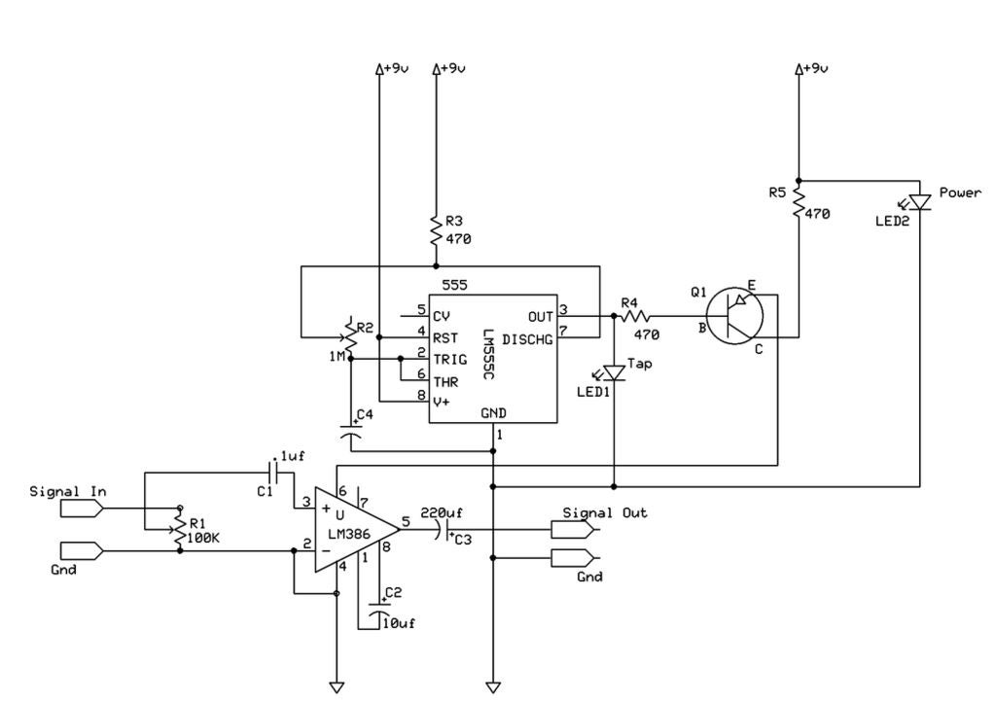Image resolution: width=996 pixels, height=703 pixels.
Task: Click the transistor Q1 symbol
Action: pyautogui.click(x=734, y=316)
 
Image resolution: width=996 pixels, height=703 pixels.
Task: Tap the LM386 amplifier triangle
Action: pyautogui.click(x=356, y=530)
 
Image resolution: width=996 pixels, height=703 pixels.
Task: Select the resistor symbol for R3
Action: pyautogui.click(x=436, y=230)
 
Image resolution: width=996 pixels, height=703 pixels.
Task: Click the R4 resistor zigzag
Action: pyautogui.click(x=635, y=316)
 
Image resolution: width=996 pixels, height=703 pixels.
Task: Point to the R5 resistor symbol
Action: pyautogui.click(x=799, y=202)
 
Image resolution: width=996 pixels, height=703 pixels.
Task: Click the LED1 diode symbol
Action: pyautogui.click(x=613, y=372)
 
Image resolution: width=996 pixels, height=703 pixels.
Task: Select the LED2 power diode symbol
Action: pyautogui.click(x=918, y=202)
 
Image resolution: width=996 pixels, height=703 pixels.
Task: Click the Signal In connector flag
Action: pyautogui.click(x=82, y=508)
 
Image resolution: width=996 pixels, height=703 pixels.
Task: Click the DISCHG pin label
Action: pyautogui.click(x=527, y=339)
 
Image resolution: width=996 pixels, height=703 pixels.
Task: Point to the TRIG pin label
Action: pyautogui.click(x=449, y=360)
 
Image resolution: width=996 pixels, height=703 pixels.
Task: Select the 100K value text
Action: pyautogui.click(x=202, y=538)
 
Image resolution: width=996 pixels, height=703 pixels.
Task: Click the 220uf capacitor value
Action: pyautogui.click(x=442, y=512)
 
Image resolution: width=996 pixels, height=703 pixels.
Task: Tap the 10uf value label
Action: pyautogui.click(x=398, y=623)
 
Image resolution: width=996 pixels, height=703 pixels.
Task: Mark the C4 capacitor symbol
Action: pyautogui.click(x=350, y=431)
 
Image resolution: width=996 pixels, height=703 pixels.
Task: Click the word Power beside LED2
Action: pyautogui.click(x=960, y=193)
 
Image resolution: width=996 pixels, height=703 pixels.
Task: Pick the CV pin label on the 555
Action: pyautogui.click(x=441, y=316)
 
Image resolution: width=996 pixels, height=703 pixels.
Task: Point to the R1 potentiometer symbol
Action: pyautogui.click(x=180, y=529)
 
